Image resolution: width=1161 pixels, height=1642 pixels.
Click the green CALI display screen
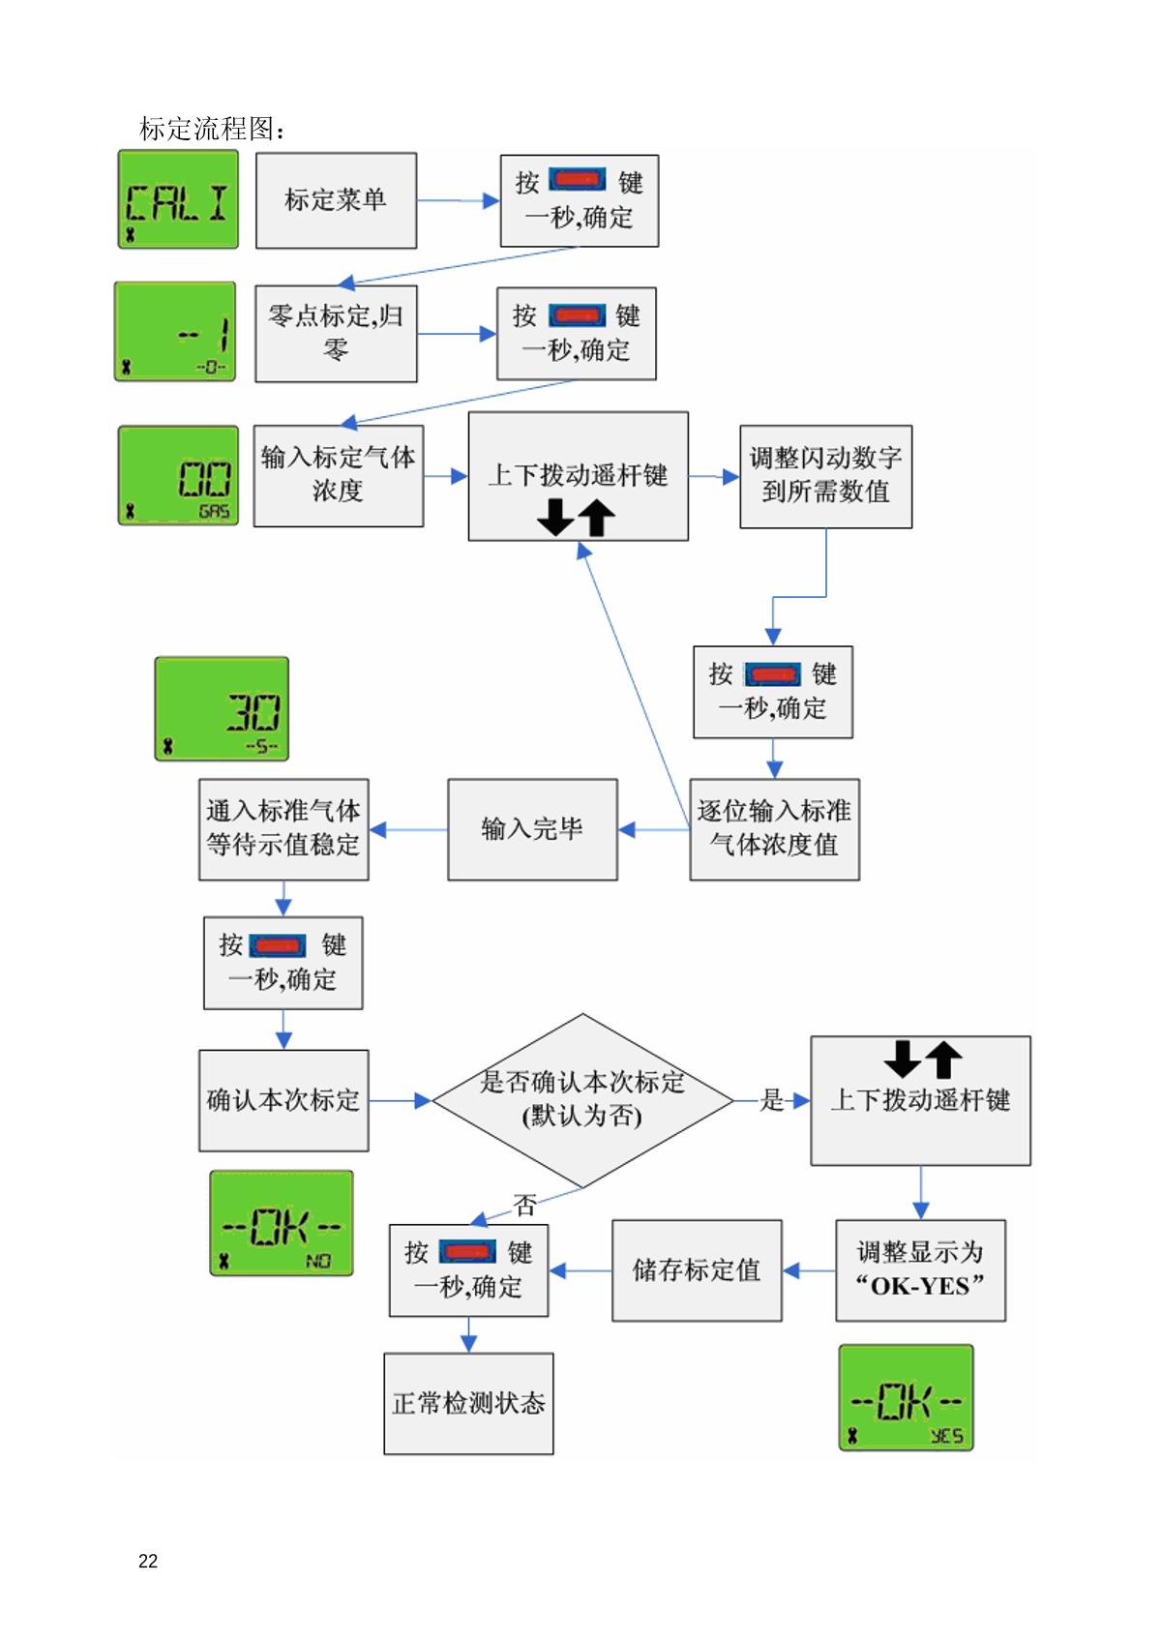(178, 199)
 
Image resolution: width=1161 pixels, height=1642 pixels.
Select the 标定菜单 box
(336, 200)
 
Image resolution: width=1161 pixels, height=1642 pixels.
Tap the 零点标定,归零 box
(336, 333)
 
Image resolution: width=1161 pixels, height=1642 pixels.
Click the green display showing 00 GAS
(178, 476)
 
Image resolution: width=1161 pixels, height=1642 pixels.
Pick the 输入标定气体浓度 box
(338, 475)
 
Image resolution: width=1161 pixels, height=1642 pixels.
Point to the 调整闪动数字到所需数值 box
(825, 476)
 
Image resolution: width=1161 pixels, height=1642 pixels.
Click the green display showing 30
(222, 709)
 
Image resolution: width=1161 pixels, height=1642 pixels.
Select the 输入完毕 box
(532, 829)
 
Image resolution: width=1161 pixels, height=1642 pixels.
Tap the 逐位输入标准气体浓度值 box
(774, 829)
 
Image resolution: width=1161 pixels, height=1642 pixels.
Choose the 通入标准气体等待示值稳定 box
(283, 829)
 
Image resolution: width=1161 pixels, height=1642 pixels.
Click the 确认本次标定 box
(283, 1100)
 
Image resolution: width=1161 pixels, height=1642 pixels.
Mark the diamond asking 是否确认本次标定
(582, 1100)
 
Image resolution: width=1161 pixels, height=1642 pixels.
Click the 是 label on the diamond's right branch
(772, 1100)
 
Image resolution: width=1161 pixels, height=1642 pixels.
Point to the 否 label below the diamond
(525, 1206)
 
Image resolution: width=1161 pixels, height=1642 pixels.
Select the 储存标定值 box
(697, 1270)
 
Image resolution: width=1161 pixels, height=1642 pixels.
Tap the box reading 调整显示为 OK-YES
(920, 1270)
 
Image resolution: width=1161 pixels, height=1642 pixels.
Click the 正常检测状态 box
(468, 1403)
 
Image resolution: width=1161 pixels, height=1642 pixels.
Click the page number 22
(148, 1561)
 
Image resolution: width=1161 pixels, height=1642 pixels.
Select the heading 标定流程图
(212, 129)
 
